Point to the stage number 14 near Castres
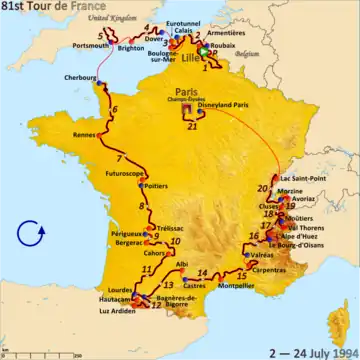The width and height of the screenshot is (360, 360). point(202,272)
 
